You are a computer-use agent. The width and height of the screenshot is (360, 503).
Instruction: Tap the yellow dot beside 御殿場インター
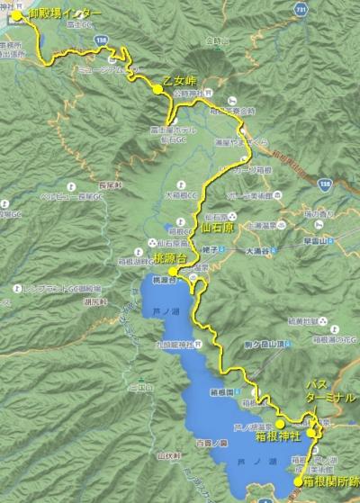pyautogui.click(x=15, y=16)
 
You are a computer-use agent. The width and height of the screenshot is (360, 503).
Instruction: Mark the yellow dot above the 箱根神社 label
pyautogui.click(x=280, y=422)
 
